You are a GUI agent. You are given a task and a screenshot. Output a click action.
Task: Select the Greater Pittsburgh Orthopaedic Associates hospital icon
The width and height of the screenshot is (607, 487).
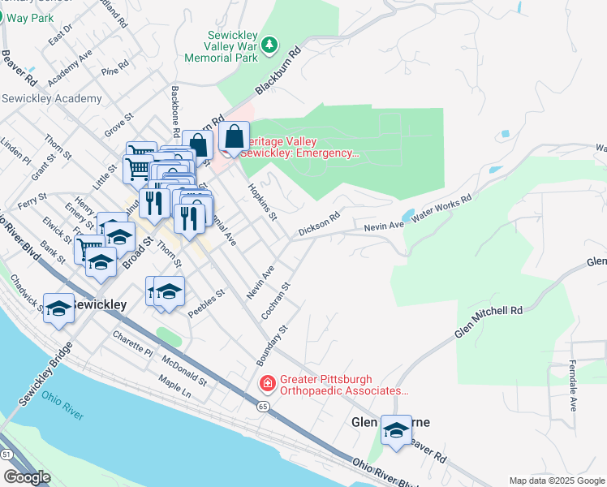click(x=265, y=381)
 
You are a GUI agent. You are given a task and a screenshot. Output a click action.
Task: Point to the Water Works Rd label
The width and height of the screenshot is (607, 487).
click(x=443, y=209)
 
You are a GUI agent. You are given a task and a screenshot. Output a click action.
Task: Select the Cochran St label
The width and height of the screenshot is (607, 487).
click(x=282, y=300)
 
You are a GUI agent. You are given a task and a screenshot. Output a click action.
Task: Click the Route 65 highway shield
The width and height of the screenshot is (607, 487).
click(x=262, y=404)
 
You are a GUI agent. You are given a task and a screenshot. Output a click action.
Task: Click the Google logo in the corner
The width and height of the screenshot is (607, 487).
click(x=27, y=476)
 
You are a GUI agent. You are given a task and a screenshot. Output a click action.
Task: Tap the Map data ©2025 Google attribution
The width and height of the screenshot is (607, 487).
click(x=557, y=481)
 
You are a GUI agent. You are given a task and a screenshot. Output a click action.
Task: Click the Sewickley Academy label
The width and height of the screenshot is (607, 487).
click(x=52, y=99)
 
